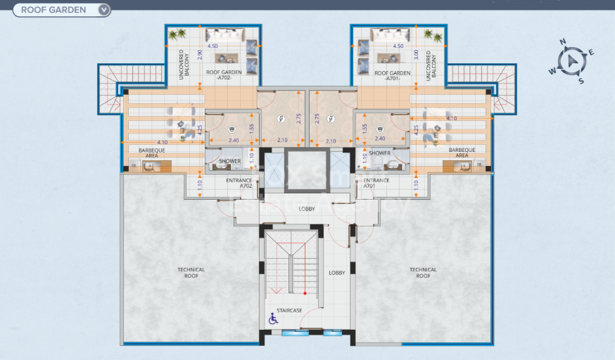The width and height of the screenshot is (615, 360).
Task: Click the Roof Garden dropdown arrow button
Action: (104, 10)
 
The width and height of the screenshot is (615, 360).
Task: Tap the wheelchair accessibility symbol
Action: (273, 319)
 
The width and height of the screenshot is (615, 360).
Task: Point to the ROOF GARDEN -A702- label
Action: (220, 75)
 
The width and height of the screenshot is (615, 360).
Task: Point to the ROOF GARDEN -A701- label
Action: (392, 75)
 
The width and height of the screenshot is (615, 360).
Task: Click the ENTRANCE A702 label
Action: (239, 184)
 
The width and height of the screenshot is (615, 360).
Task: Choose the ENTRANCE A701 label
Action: (376, 184)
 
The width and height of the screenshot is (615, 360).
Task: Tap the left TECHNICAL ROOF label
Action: (191, 273)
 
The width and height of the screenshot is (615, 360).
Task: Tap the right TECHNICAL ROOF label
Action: (423, 273)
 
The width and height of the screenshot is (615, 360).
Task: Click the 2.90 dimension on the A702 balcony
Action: (200, 53)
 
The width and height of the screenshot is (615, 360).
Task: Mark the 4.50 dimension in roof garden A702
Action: (212, 46)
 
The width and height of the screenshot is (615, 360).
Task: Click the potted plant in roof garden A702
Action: (182, 33)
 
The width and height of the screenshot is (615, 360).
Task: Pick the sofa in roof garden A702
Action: (226, 34)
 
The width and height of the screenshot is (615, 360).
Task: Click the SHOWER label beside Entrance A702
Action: (229, 161)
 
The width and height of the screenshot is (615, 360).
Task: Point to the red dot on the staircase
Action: (305, 292)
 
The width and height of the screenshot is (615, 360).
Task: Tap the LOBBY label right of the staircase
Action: (337, 273)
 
